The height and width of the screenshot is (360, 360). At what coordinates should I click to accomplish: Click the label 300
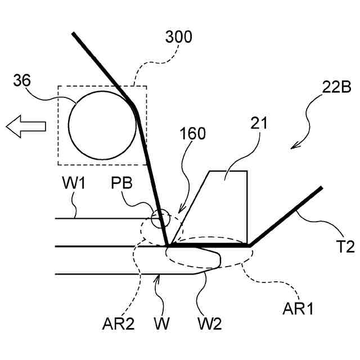coord(179,38)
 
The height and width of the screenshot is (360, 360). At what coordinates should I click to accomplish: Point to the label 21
coord(260,122)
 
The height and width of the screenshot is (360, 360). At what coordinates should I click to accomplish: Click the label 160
coord(193,134)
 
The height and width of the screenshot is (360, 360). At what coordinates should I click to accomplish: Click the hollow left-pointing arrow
coord(25,125)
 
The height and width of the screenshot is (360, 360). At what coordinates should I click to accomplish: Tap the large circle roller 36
coord(103,125)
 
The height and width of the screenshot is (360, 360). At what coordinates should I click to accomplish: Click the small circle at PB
coord(159,217)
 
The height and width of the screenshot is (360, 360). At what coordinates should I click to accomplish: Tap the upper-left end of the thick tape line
coord(73,34)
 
